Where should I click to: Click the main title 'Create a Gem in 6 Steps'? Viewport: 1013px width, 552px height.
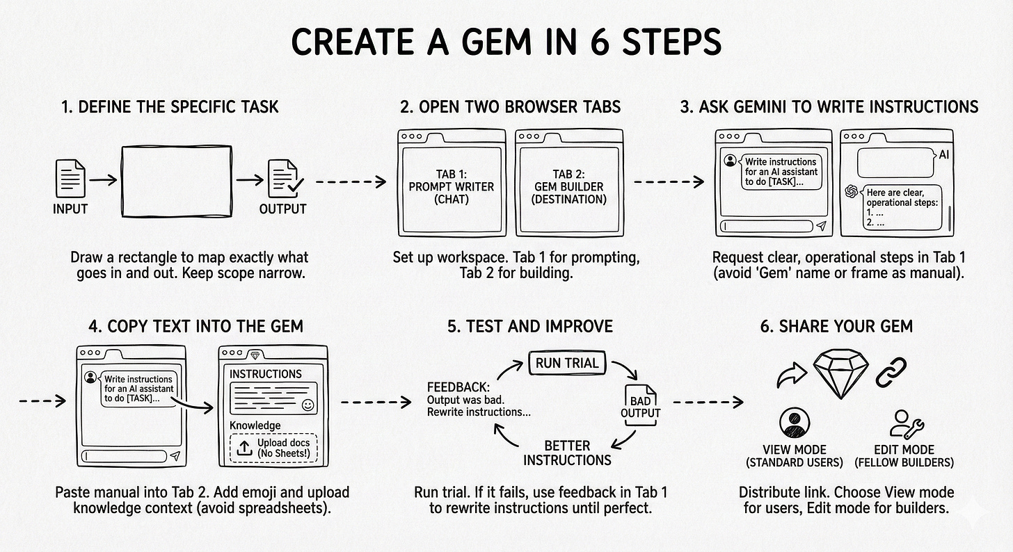click(x=506, y=42)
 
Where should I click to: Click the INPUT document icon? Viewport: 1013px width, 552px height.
click(x=71, y=177)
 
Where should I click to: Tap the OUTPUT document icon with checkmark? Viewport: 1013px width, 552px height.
click(x=285, y=178)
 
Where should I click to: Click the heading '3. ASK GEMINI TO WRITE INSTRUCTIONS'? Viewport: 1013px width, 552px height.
click(x=829, y=106)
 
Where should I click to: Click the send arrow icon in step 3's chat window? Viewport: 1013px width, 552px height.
click(x=822, y=227)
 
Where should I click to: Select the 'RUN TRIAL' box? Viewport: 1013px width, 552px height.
click(x=567, y=362)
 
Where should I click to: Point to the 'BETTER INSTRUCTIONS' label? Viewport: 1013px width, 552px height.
click(x=567, y=453)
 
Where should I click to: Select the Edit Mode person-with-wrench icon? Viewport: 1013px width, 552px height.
click(x=904, y=423)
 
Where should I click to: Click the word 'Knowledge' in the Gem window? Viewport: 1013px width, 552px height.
click(x=255, y=425)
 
